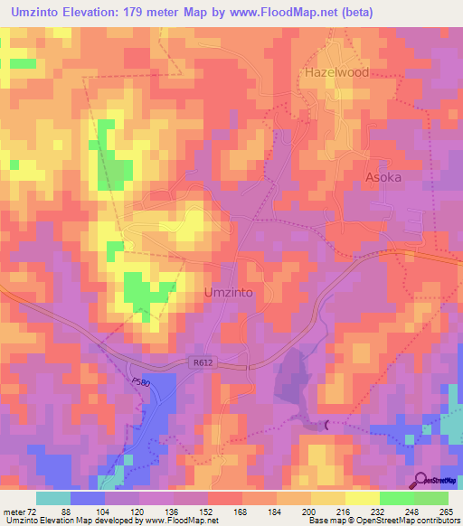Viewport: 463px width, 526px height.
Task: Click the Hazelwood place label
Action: coord(336,72)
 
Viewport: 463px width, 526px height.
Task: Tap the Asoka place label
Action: coord(383,177)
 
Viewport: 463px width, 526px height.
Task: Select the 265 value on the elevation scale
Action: coord(444,512)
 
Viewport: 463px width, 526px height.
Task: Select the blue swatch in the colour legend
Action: coord(88,498)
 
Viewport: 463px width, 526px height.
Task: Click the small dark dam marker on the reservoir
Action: coord(326,423)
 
